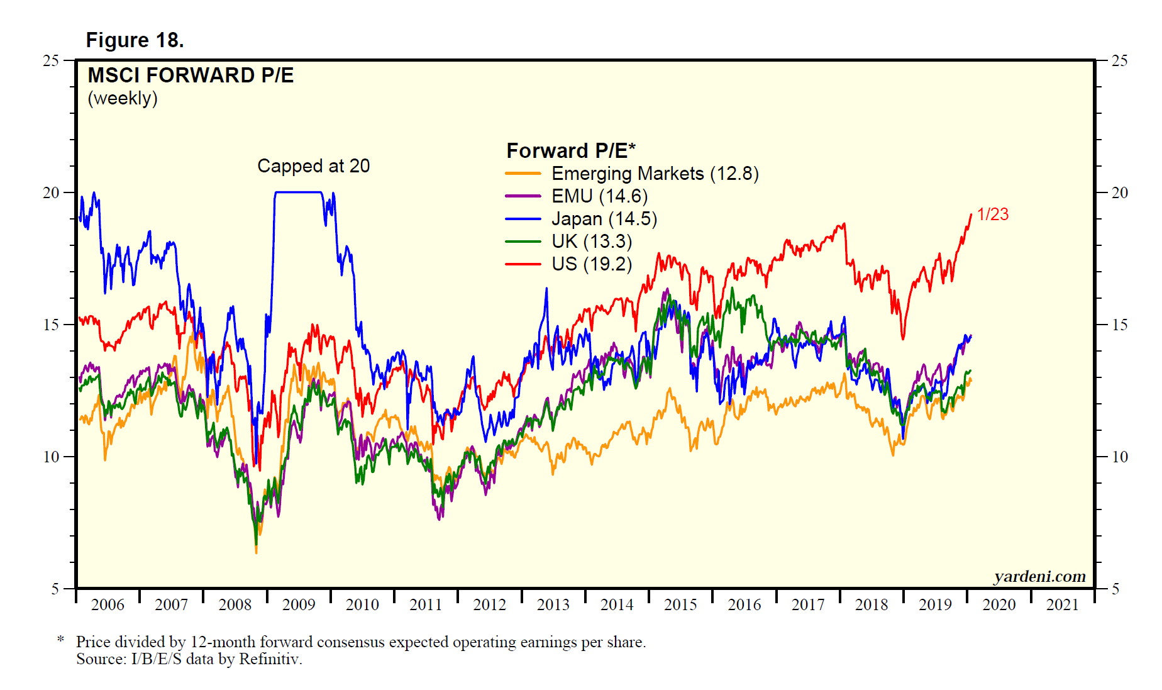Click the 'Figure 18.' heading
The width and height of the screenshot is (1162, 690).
pos(135,40)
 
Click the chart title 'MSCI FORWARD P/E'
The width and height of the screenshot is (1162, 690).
pos(191,75)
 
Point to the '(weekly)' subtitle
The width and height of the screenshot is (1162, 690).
pos(123,98)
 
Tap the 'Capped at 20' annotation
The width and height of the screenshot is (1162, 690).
pos(313,166)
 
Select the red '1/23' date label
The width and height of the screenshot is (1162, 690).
pos(992,214)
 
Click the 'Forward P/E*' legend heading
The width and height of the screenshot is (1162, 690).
pos(570,151)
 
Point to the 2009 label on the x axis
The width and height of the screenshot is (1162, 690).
pos(298,605)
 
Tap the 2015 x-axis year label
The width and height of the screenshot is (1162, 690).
pos(680,605)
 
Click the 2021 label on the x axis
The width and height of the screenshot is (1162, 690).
pos(1062,605)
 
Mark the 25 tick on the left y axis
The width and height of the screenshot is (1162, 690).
pos(50,61)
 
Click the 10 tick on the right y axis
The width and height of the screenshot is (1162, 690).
pos(1119,457)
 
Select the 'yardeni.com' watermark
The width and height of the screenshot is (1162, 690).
pos(1039,577)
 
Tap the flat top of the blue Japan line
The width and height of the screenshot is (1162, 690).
pos(298,192)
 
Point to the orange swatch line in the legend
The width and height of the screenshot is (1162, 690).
pos(523,174)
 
